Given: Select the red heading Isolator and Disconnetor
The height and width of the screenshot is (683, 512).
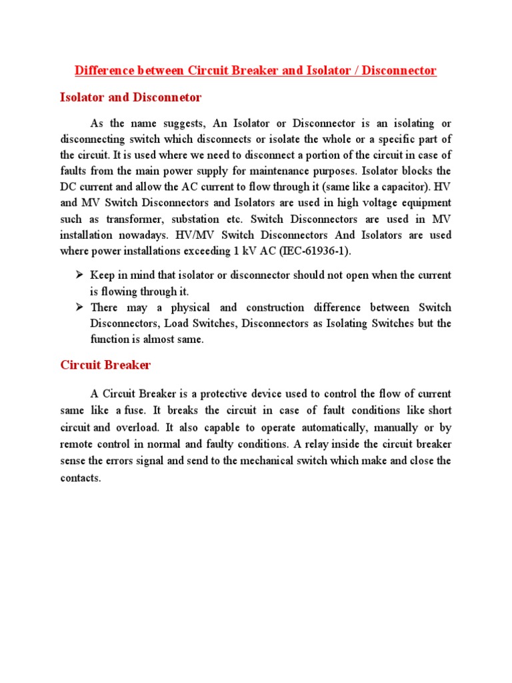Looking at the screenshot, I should tap(131, 97).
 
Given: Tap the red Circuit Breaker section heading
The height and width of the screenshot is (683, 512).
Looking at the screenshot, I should tap(105, 365).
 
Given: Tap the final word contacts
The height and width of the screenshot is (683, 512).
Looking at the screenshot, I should tap(79, 478).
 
